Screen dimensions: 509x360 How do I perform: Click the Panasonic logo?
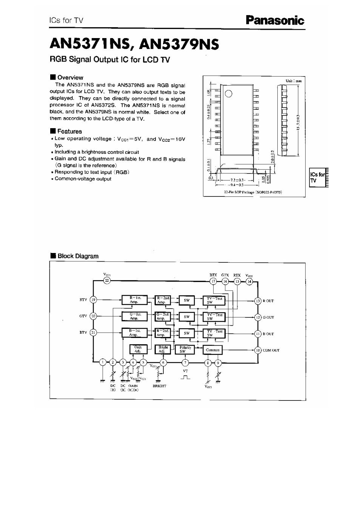[x=275, y=20]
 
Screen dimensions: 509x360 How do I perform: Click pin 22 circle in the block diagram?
[x=107, y=281]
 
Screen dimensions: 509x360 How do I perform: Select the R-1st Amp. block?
[x=134, y=300]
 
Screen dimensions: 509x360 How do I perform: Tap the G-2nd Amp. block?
[x=162, y=316]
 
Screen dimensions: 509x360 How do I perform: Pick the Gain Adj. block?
[x=138, y=349]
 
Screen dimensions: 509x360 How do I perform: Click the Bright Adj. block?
[x=163, y=349]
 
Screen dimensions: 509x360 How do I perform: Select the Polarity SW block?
[x=185, y=350]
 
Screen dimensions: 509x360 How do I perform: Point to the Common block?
[x=212, y=350]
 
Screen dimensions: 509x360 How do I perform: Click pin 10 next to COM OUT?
[x=258, y=350]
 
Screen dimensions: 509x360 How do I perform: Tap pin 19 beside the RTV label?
[x=94, y=300]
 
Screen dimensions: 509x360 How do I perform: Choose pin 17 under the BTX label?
[x=214, y=281]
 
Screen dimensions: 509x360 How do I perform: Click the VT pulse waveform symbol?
[x=185, y=377]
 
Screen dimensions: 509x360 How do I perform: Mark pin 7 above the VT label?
[x=185, y=363]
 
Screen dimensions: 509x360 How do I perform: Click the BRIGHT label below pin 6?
[x=160, y=386]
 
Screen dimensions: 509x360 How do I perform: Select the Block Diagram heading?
[x=77, y=256]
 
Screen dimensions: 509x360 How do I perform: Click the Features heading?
[x=69, y=131]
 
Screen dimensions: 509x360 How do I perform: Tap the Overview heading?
[x=70, y=77]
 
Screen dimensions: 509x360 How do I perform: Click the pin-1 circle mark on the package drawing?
[x=229, y=94]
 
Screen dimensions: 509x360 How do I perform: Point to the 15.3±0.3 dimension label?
[x=298, y=122]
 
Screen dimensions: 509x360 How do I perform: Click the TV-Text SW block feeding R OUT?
[x=214, y=300]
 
